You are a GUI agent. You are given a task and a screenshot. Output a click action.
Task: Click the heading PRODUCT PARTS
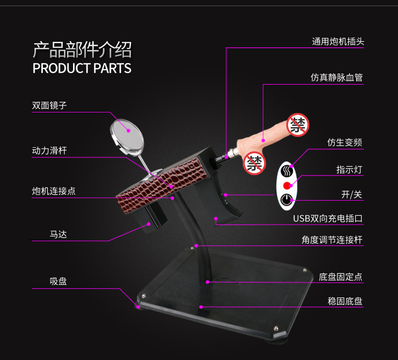82,68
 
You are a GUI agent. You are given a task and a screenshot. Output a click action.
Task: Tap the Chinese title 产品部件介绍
82,50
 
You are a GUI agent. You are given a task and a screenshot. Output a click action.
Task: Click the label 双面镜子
49,105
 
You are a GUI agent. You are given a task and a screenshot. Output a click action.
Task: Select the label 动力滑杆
49,150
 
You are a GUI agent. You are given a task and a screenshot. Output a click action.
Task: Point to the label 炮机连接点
54,191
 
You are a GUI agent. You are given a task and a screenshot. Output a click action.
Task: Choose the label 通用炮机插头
337,41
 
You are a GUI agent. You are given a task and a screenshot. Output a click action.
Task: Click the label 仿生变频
345,143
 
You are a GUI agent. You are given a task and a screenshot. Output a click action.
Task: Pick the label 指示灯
349,169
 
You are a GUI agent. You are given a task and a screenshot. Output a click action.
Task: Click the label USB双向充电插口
328,219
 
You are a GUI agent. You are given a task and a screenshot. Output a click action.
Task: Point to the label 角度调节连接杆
332,240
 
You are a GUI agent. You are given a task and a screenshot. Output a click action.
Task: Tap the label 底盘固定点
341,277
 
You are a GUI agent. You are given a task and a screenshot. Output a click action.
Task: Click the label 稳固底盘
345,301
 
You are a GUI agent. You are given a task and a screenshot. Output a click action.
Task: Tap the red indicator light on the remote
288,185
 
